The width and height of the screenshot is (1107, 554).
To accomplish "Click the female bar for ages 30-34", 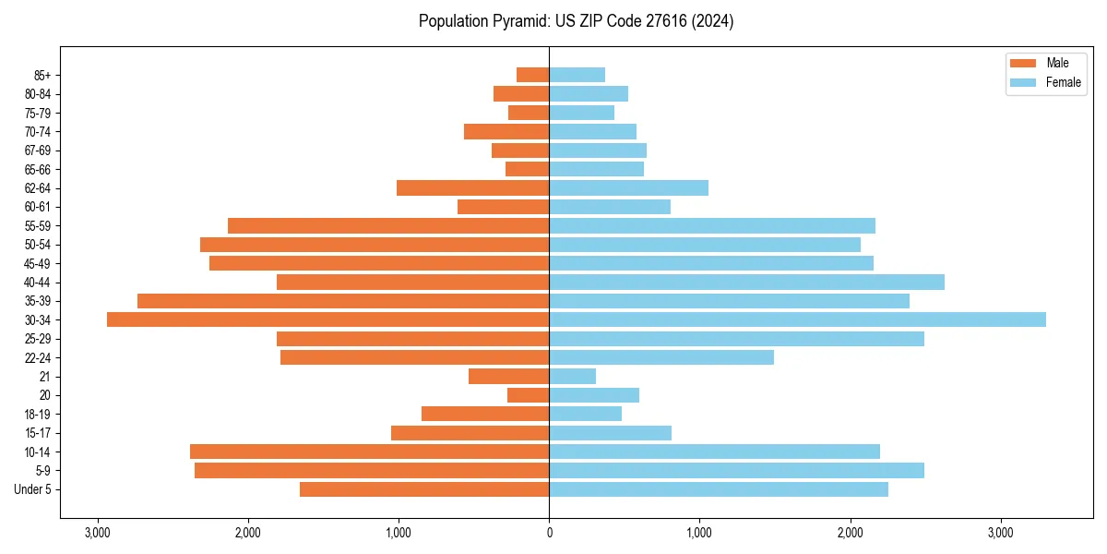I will tap(797, 319).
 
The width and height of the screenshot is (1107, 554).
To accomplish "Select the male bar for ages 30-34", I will tap(327, 319).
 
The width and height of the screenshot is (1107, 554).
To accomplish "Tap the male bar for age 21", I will tap(508, 376).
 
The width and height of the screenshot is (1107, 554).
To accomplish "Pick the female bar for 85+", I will tap(577, 75).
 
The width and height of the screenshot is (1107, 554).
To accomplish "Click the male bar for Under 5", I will tap(424, 489).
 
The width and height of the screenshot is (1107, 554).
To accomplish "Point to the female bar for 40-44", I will tap(746, 282).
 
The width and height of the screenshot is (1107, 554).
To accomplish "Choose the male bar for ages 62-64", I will tap(472, 187).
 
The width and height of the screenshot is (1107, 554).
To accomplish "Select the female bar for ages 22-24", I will tap(661, 357).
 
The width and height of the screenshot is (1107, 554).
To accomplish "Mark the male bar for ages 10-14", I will tap(369, 452).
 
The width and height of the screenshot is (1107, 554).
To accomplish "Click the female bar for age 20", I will tap(594, 395).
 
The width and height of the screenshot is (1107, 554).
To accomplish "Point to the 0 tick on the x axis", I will tap(549, 534).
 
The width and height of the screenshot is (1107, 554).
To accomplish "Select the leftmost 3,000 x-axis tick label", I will tap(97, 534).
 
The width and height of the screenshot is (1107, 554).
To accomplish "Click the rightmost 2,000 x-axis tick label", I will tap(850, 534).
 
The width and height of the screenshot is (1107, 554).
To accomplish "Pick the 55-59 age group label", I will tap(38, 225).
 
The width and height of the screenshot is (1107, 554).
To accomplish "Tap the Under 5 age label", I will tap(33, 489).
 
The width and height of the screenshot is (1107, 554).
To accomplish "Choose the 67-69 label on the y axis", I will tap(38, 151).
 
